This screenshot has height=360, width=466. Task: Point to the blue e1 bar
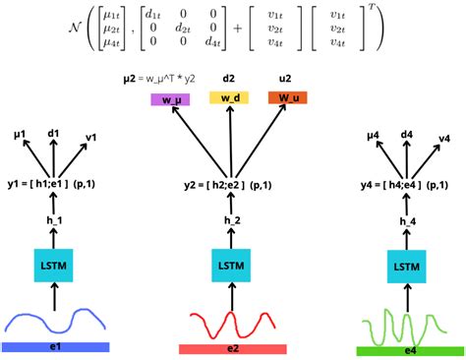pos(55,346)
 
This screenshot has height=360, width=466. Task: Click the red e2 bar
pos(232,347)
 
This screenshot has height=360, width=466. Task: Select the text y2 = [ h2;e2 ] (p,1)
pos(232,184)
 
